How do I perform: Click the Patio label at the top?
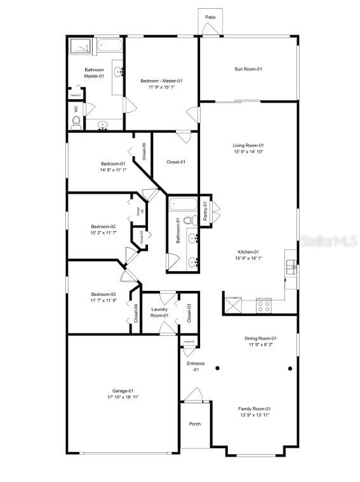(210, 17)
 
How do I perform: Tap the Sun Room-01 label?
(248, 69)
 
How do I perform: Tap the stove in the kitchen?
(264, 305)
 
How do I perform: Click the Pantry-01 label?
(206, 211)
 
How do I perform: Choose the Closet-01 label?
(176, 162)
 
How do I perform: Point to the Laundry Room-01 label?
(159, 312)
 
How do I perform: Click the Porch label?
(194, 424)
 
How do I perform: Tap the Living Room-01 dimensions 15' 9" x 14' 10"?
(248, 152)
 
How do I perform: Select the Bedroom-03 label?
(103, 294)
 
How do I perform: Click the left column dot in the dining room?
(217, 368)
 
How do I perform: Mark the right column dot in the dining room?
(290, 368)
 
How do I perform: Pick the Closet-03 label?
(189, 312)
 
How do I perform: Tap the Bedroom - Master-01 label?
(161, 81)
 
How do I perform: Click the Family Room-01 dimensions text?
(254, 415)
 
